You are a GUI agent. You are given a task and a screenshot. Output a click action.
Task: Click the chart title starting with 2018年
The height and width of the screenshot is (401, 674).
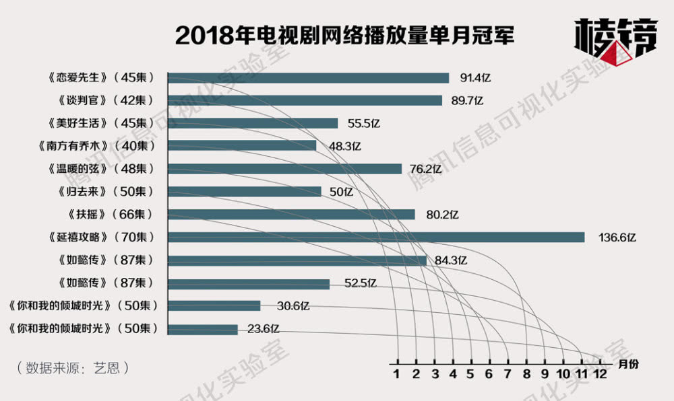point(344,36)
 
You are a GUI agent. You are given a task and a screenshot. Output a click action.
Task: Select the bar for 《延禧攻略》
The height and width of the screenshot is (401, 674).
point(375,237)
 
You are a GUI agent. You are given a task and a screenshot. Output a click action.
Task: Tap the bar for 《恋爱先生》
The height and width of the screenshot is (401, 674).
point(308,78)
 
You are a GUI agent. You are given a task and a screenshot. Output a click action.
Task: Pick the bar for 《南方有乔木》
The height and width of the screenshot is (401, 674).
point(241,145)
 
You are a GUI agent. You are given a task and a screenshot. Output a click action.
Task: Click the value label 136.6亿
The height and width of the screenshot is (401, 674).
point(617,237)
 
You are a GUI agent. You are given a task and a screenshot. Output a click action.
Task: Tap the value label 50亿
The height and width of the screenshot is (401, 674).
point(341,191)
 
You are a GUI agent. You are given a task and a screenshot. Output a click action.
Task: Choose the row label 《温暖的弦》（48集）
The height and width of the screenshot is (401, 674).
point(102,168)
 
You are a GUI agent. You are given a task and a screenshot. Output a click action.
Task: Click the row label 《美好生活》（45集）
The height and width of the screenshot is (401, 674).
point(102,123)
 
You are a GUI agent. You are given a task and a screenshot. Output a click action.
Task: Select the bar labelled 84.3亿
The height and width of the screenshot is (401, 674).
point(297,260)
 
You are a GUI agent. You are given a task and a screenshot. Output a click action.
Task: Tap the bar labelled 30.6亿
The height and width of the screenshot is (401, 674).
point(214,305)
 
